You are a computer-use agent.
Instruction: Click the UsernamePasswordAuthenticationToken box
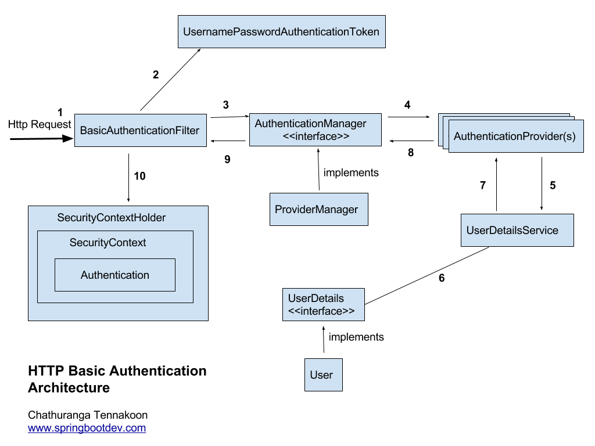click(281, 32)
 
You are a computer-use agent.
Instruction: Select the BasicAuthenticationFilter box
click(140, 130)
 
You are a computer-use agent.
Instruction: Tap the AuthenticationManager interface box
click(316, 130)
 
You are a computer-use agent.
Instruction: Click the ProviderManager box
click(319, 209)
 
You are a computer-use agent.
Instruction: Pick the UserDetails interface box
click(323, 304)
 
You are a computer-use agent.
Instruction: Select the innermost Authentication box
click(115, 275)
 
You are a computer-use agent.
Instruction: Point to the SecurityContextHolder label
click(112, 218)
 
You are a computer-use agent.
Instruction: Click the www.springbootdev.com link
click(87, 428)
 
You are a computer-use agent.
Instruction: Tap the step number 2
click(155, 74)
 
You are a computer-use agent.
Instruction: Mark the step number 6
click(442, 278)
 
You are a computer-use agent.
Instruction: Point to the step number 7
click(482, 186)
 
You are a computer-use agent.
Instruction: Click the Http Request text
click(40, 124)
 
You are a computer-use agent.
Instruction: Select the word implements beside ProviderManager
click(351, 172)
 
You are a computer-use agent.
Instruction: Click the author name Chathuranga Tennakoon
click(88, 415)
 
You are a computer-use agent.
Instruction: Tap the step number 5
click(553, 186)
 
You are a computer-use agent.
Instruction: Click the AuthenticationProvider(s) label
click(515, 136)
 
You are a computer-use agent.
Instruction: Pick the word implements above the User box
click(356, 337)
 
